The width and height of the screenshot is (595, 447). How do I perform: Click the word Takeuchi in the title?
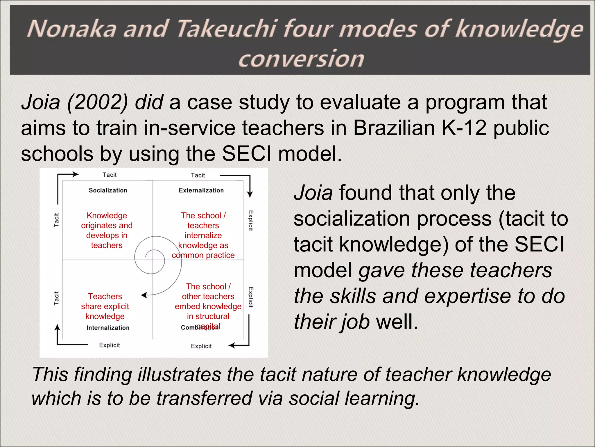(x=227, y=29)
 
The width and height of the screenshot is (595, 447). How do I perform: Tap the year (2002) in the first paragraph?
(x=97, y=102)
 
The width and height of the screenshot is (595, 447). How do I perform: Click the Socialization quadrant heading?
(x=108, y=190)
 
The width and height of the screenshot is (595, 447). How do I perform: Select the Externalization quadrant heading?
(x=201, y=190)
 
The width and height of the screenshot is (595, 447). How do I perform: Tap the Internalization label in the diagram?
(x=108, y=328)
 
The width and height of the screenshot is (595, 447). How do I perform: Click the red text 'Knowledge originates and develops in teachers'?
(x=107, y=230)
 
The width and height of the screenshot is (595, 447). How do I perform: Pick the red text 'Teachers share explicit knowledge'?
(x=105, y=306)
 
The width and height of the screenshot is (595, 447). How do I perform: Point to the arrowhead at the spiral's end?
(x=144, y=295)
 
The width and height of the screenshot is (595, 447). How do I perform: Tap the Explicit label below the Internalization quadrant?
(x=109, y=345)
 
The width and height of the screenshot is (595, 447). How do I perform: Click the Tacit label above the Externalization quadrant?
(x=198, y=175)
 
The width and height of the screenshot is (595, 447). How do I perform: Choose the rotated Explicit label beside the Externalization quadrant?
(x=251, y=221)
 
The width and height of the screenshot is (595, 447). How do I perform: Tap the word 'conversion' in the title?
(x=301, y=59)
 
